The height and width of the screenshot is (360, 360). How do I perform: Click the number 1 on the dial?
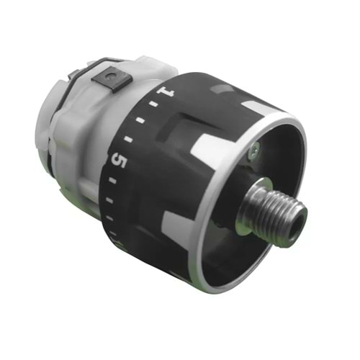(169, 93)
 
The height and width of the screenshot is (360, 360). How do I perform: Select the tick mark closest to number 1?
(153, 107)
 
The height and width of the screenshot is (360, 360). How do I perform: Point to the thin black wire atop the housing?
(86, 66)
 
